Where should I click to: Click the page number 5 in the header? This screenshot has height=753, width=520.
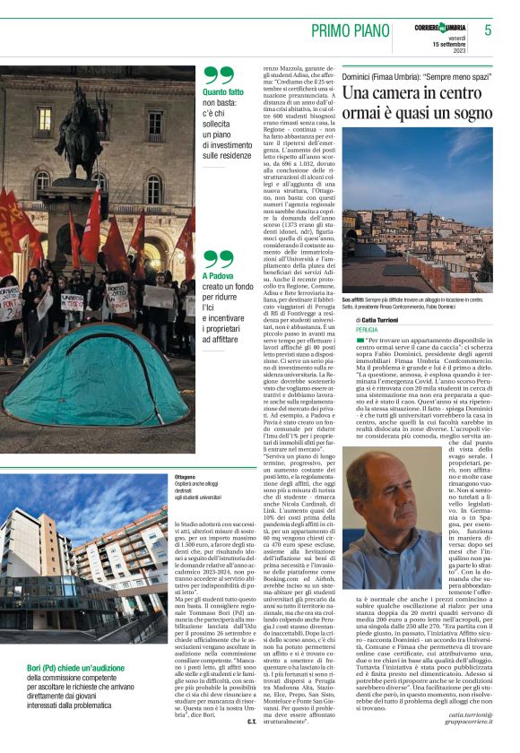[x=488, y=30]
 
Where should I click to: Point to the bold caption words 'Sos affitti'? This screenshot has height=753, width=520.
[x=352, y=299]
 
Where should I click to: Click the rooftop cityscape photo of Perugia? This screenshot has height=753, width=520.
[x=416, y=215]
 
